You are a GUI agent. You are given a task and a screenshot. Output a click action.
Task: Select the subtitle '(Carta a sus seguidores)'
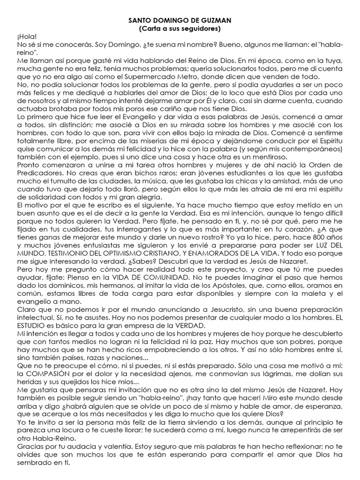(180, 29)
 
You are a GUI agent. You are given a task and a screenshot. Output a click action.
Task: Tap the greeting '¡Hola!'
(26, 37)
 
